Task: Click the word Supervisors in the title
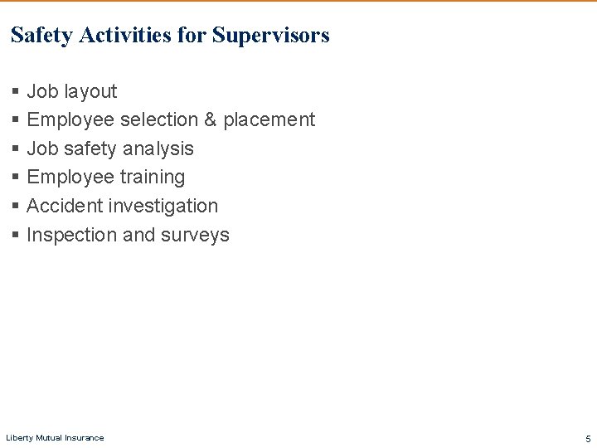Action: (270, 36)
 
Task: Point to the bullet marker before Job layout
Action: (16, 91)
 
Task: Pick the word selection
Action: (158, 120)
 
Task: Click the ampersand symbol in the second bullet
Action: (210, 120)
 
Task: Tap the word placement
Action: (269, 120)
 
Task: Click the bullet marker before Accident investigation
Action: (16, 207)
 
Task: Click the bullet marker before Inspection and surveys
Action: (16, 236)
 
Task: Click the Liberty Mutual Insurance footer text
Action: (55, 437)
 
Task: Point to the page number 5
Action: (588, 437)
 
